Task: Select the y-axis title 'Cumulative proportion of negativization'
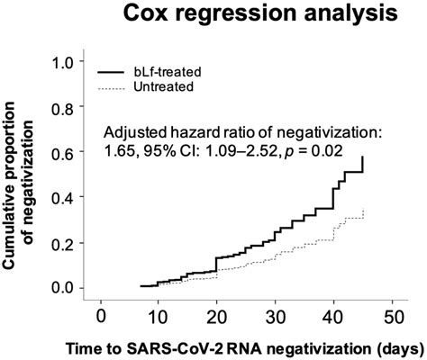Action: [x=23, y=175]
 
